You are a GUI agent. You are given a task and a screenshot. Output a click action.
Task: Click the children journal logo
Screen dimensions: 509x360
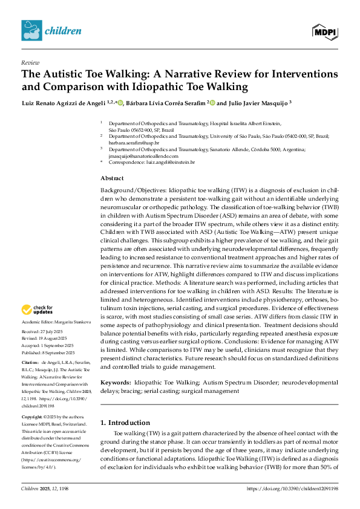click(x=51, y=30)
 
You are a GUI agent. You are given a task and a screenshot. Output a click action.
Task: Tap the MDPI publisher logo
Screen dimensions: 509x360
click(x=324, y=30)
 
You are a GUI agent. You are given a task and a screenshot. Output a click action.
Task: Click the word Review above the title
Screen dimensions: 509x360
click(x=30, y=62)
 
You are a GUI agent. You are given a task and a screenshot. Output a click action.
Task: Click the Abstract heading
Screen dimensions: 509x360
click(x=112, y=178)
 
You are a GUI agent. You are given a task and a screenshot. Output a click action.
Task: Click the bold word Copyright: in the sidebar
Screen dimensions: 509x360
click(x=33, y=400)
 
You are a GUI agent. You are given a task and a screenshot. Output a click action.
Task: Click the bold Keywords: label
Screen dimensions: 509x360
click(x=115, y=366)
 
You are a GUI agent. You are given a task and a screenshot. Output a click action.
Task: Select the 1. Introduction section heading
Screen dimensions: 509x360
click(x=125, y=405)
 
